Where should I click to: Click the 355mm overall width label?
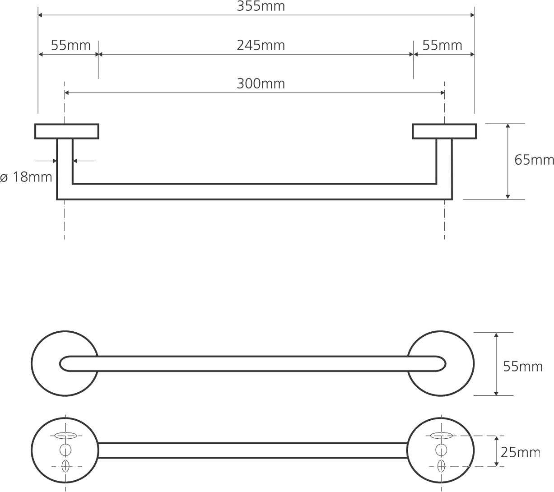(x=261, y=6)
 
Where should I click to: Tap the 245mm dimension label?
(x=261, y=45)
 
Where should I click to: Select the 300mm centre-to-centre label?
(x=261, y=84)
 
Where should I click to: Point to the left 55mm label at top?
(x=70, y=45)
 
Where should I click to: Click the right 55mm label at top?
(x=442, y=45)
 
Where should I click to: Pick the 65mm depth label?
(x=534, y=160)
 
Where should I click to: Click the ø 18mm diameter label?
(x=26, y=177)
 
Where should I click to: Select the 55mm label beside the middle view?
(x=523, y=366)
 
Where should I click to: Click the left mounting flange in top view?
(x=67, y=131)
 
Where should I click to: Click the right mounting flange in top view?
(x=444, y=131)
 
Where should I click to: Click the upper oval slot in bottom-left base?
(x=65, y=436)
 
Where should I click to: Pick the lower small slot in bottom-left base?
(x=65, y=466)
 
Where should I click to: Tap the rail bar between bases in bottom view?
(x=253, y=450)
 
